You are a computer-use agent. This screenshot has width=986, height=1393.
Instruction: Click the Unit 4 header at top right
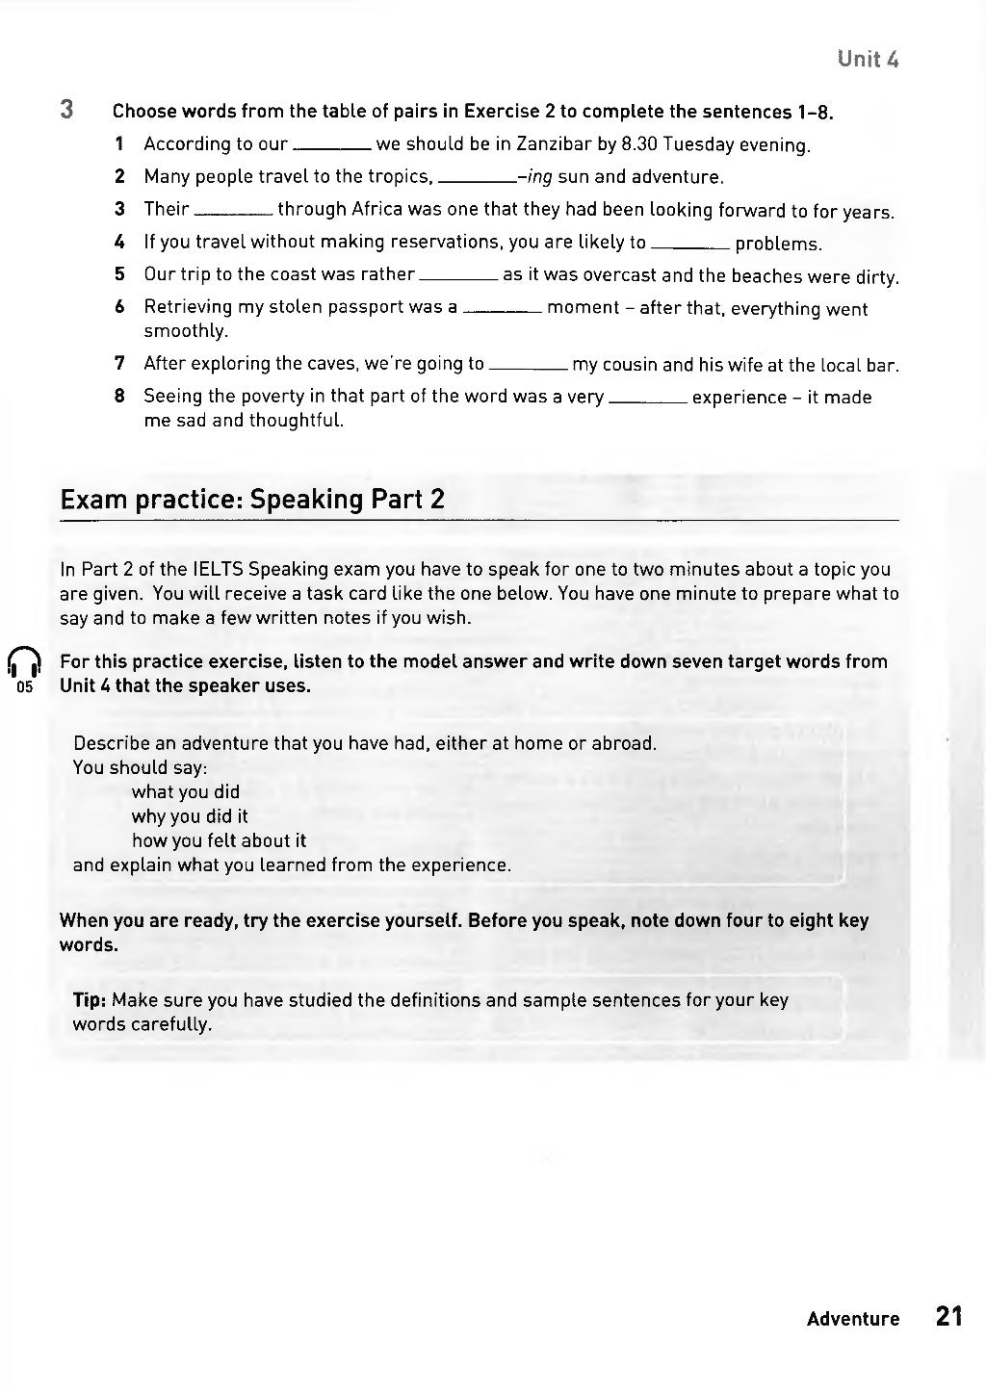pos(868,59)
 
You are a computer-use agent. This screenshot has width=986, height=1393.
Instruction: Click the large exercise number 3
pos(66,109)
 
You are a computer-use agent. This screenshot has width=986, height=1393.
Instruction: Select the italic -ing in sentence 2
pos(534,177)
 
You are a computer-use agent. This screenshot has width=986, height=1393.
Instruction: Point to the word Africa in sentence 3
pos(376,210)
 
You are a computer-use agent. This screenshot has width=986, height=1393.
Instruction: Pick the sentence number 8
pos(119,397)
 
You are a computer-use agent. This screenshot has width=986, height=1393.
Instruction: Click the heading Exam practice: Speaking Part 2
pos(252,499)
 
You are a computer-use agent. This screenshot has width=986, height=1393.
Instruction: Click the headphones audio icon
pos(25,662)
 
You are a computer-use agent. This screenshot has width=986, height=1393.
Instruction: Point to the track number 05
pos(25,688)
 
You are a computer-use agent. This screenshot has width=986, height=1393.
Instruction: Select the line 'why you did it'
pos(190,816)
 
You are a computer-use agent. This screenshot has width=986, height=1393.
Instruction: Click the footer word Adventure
pos(852,1319)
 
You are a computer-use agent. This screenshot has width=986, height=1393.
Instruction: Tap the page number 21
pos(948,1316)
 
